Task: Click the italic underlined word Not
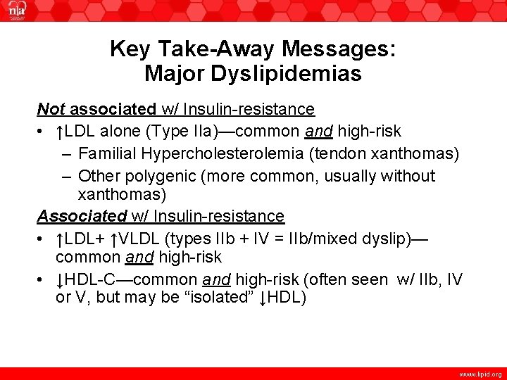[x=51, y=109]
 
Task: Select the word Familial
[x=107, y=153]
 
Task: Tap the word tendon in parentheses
[x=342, y=153]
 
